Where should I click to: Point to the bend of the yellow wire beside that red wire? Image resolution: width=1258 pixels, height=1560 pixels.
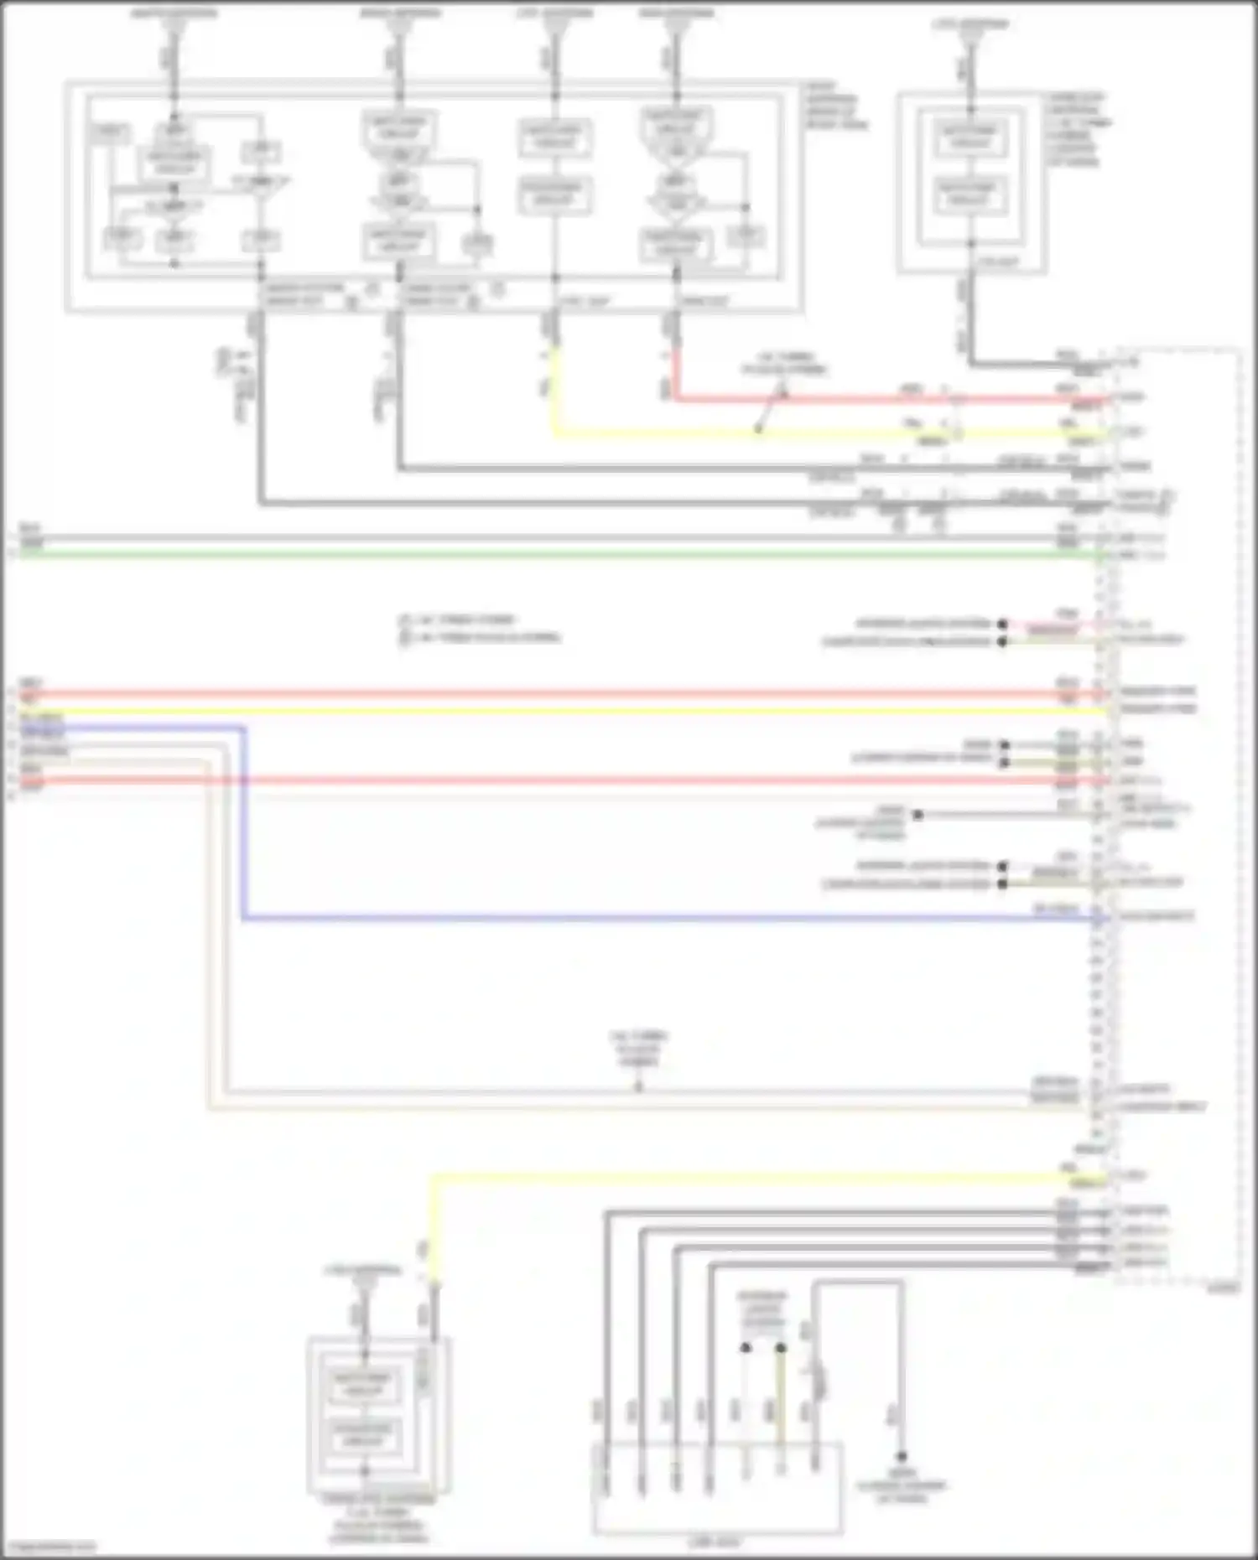click(554, 433)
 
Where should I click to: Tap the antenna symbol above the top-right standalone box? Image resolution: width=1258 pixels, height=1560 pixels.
click(969, 38)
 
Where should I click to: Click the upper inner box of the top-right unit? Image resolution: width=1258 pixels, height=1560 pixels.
click(969, 137)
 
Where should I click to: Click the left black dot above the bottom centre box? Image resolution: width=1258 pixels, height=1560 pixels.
click(745, 1348)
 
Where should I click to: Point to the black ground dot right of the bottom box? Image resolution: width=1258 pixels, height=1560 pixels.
click(902, 1457)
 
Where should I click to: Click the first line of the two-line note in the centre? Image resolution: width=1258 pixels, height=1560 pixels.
click(457, 620)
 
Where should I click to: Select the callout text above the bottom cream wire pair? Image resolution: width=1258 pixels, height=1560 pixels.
click(638, 1049)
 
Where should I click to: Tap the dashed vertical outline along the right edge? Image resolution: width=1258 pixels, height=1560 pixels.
click(1240, 813)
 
